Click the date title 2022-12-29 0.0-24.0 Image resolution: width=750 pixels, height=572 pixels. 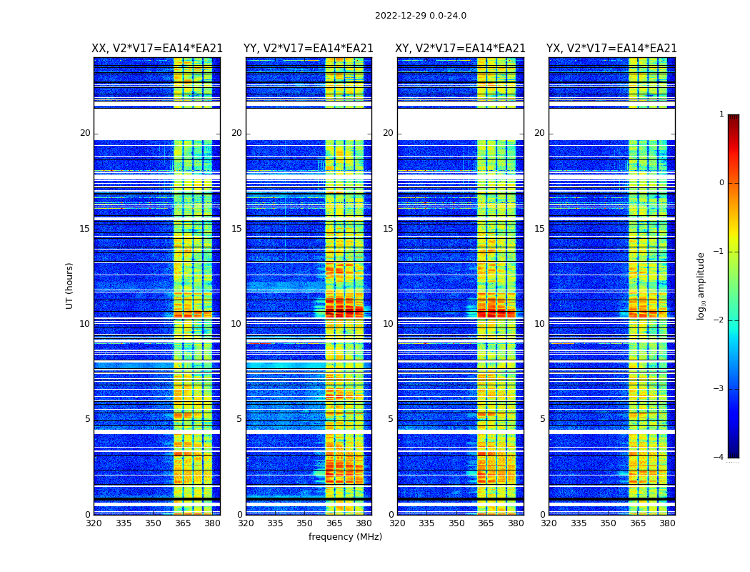(x=420, y=16)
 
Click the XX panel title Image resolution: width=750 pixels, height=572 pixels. (x=157, y=49)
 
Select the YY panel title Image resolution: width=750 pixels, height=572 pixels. (x=309, y=49)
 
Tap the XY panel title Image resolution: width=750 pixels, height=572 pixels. (x=461, y=49)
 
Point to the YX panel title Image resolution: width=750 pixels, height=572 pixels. (x=611, y=49)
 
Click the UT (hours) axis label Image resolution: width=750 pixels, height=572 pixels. (x=70, y=285)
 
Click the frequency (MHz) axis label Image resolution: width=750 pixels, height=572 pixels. (x=345, y=537)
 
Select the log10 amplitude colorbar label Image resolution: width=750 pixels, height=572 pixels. (x=701, y=285)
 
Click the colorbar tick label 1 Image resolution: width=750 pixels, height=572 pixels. (x=721, y=114)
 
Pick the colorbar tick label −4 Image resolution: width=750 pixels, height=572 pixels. (x=719, y=458)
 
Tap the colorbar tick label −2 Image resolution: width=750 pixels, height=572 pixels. (x=719, y=320)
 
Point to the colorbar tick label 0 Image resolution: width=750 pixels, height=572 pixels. (x=721, y=183)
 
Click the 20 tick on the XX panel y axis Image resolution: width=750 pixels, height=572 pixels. (x=85, y=134)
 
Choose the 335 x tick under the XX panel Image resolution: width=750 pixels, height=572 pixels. (x=124, y=523)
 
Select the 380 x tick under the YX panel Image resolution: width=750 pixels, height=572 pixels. (x=667, y=523)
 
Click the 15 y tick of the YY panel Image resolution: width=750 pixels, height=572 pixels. (x=236, y=229)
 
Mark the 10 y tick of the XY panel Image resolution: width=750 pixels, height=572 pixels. (x=387, y=324)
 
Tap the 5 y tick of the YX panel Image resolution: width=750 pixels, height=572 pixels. (x=542, y=419)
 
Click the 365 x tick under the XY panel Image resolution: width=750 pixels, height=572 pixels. (x=486, y=523)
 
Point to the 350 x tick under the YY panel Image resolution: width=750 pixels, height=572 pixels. (x=305, y=523)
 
